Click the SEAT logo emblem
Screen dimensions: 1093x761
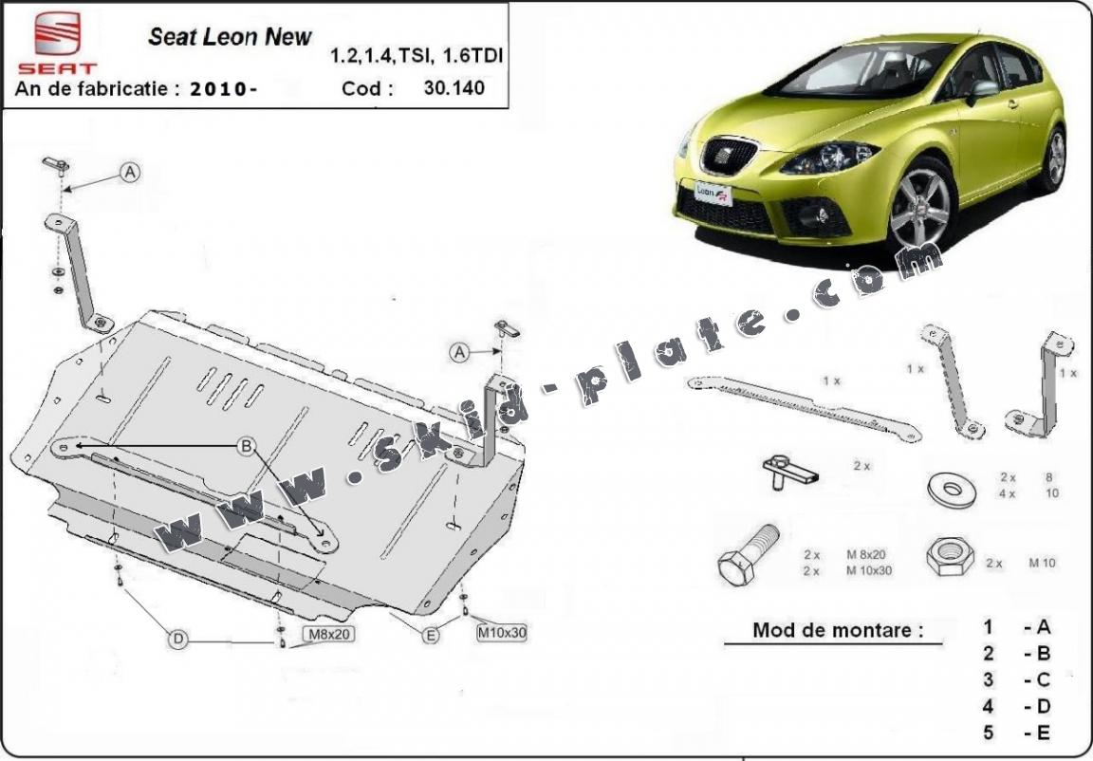(x=57, y=34)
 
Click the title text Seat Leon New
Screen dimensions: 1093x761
(x=230, y=36)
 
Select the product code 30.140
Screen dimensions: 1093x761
(x=454, y=88)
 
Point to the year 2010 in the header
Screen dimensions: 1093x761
(x=219, y=89)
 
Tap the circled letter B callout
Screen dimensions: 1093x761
(x=246, y=446)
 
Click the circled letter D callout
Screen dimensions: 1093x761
(x=178, y=639)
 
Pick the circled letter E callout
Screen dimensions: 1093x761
(x=431, y=634)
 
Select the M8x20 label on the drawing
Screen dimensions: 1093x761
(x=329, y=634)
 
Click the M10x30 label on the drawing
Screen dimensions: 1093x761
(x=501, y=633)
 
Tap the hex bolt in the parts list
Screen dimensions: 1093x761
(x=748, y=555)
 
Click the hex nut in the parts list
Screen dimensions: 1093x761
(x=950, y=555)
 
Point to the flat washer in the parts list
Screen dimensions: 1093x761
(x=952, y=490)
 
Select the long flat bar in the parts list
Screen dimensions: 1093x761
(x=804, y=408)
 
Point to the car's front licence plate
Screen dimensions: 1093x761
(x=713, y=193)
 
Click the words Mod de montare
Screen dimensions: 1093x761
(x=837, y=630)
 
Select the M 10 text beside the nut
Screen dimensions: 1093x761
(x=1042, y=563)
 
